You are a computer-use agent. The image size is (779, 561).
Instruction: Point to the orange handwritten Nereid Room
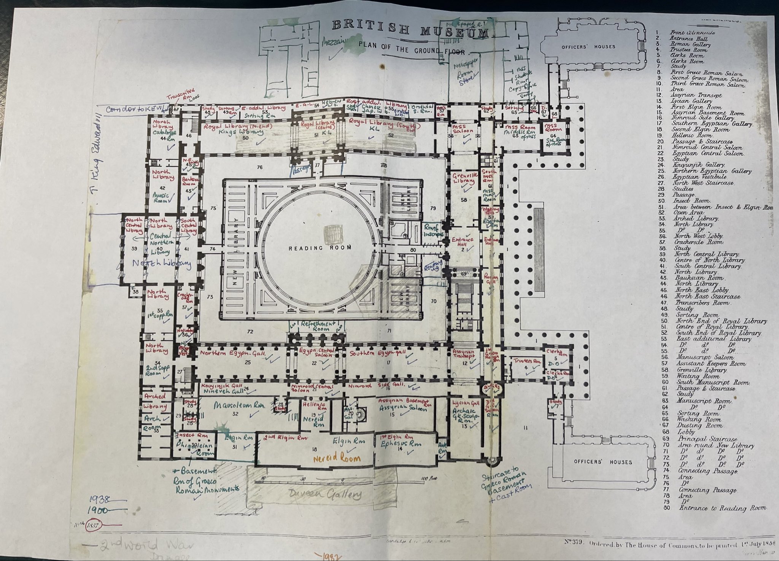coord(337,458)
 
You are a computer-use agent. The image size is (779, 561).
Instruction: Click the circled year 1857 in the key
coord(92,525)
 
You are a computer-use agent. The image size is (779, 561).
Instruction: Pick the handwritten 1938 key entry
coord(100,499)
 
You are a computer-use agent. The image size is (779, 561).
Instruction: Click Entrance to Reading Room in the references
coord(722,508)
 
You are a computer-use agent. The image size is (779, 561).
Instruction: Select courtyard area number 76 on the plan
coord(259,167)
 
